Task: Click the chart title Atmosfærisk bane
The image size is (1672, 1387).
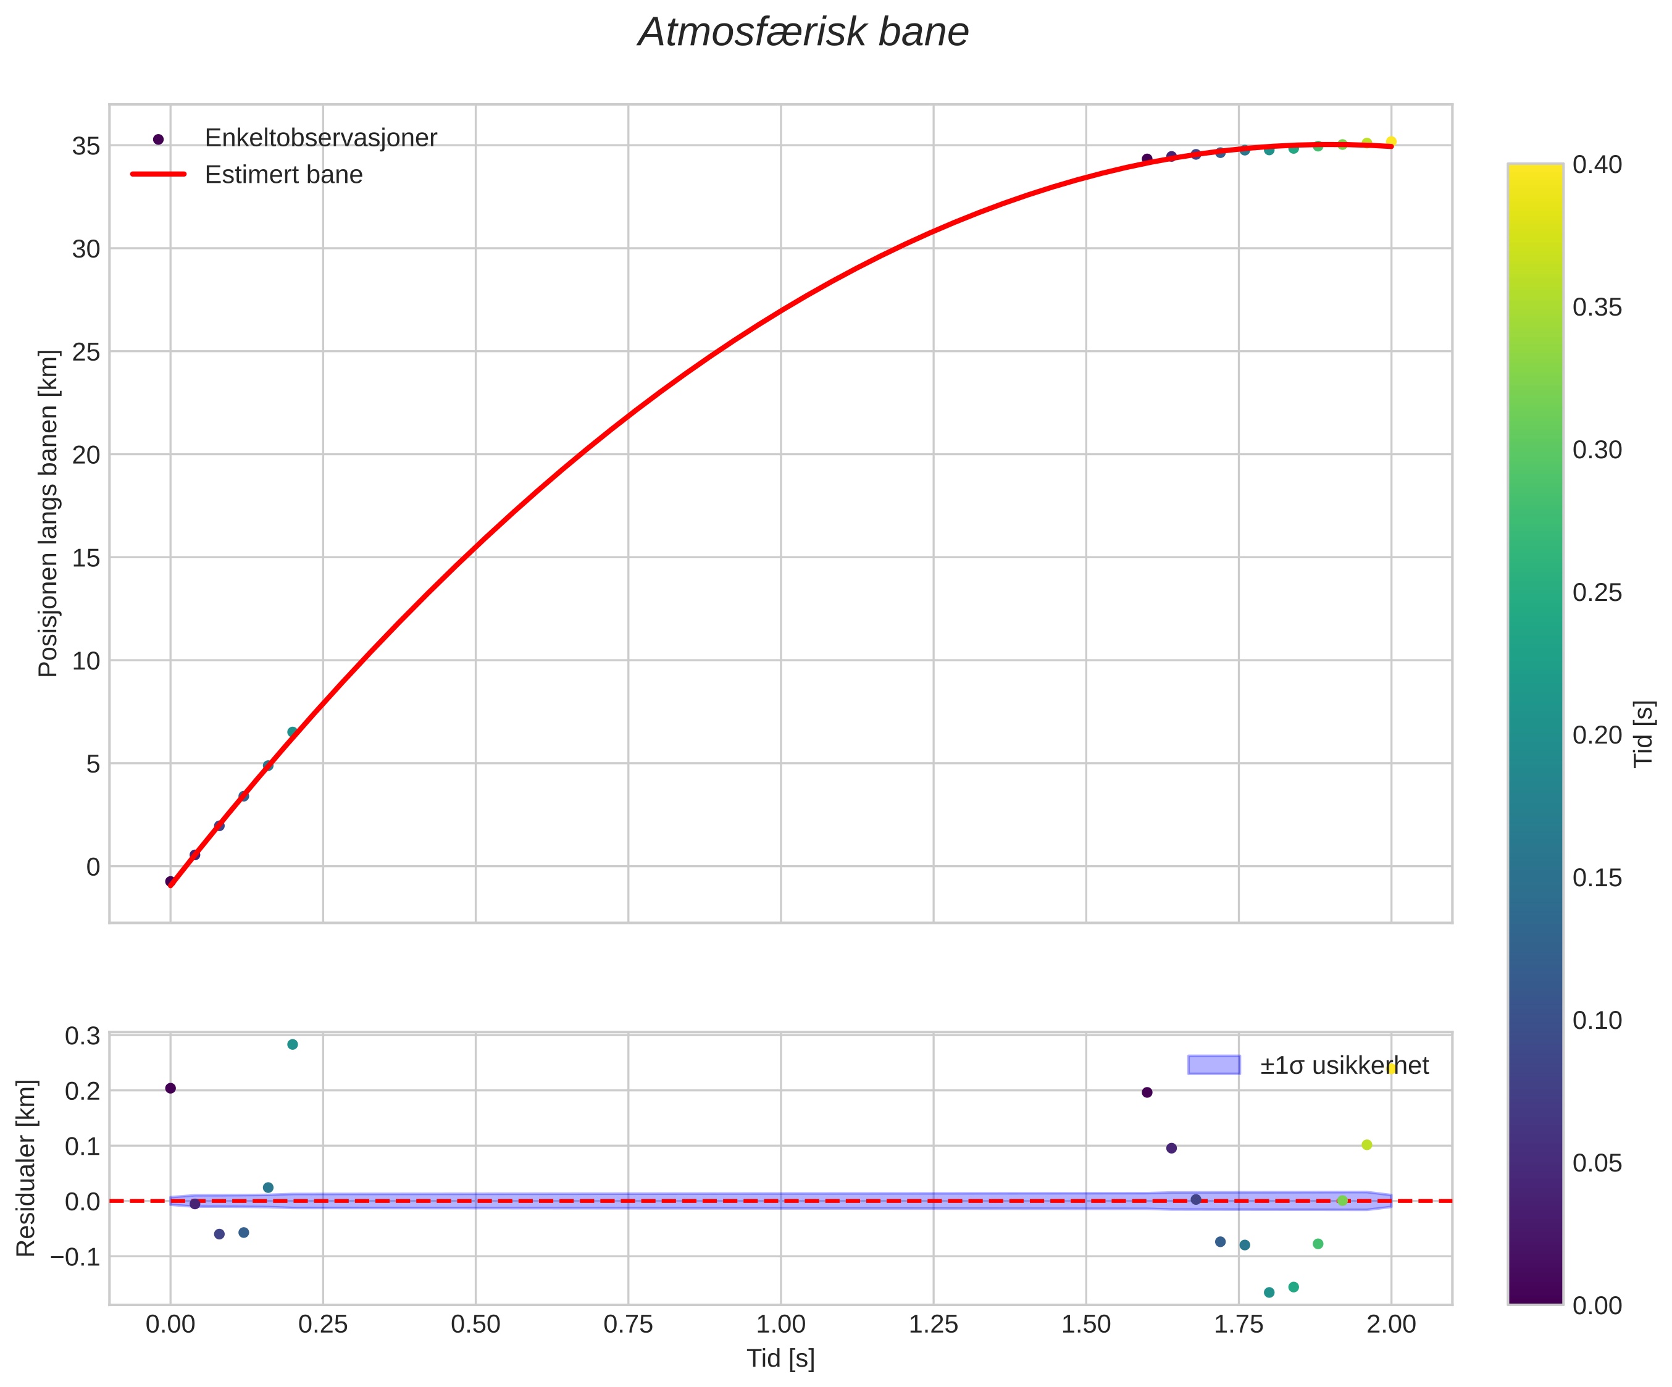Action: [x=803, y=33]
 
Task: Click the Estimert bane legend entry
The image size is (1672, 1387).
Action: [x=283, y=174]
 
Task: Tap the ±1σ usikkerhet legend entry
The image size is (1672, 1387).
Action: [x=1344, y=1065]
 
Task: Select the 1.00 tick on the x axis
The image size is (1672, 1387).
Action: [x=780, y=1324]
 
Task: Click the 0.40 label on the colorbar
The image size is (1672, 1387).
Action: [x=1597, y=165]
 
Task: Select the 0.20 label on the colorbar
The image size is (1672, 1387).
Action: [x=1597, y=735]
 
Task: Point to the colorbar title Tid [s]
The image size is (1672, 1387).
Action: [x=1644, y=733]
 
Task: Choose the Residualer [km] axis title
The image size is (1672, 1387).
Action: [x=27, y=1168]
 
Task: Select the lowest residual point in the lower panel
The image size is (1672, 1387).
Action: [x=1269, y=1293]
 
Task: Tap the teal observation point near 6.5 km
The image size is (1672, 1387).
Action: [x=292, y=732]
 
